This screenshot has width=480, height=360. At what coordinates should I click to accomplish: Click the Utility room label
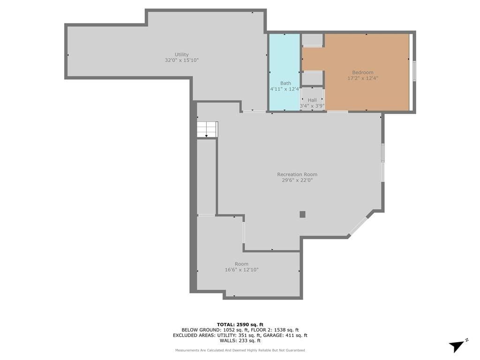pyautogui.click(x=181, y=55)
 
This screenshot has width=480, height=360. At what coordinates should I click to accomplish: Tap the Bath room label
pyautogui.click(x=285, y=83)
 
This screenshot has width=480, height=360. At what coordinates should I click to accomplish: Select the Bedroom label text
pyautogui.click(x=363, y=73)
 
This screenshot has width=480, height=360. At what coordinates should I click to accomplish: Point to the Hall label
pyautogui.click(x=312, y=100)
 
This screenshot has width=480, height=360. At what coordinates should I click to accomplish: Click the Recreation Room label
pyautogui.click(x=297, y=174)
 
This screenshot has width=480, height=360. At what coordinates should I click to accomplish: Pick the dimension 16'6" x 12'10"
pyautogui.click(x=241, y=270)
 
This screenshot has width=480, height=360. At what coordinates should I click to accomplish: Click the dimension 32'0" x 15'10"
pyautogui.click(x=182, y=60)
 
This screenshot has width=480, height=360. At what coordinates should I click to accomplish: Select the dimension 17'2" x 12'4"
pyautogui.click(x=363, y=78)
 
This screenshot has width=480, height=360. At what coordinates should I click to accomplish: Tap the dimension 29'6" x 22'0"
pyautogui.click(x=297, y=180)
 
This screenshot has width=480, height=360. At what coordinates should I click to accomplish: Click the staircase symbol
pyautogui.click(x=207, y=129)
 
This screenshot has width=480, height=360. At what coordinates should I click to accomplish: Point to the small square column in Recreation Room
pyautogui.click(x=302, y=214)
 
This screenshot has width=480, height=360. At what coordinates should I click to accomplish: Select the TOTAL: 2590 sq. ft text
pyautogui.click(x=240, y=324)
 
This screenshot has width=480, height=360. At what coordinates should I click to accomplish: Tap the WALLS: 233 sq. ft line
pyautogui.click(x=240, y=340)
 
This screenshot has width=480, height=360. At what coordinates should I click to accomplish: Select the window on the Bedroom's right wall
pyautogui.click(x=414, y=71)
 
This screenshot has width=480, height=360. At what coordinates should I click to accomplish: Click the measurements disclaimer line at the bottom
pyautogui.click(x=240, y=350)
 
